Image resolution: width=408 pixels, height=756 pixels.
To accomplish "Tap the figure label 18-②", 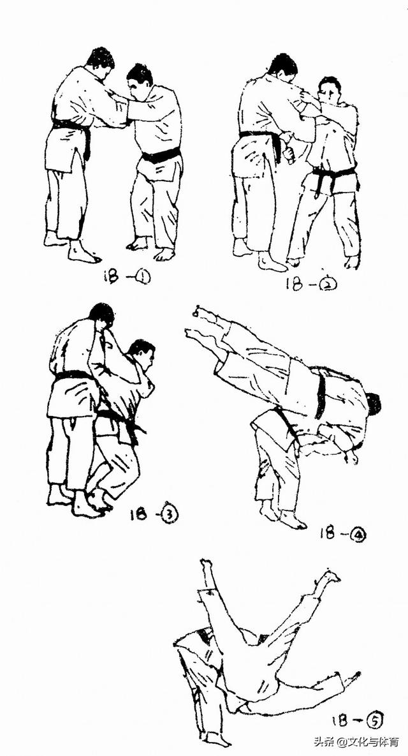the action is [310, 284].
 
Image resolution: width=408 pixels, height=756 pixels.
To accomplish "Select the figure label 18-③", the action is [154, 515].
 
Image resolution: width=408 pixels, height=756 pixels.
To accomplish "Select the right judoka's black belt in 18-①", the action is [161, 155].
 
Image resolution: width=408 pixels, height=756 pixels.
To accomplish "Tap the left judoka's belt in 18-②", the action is [263, 139].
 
